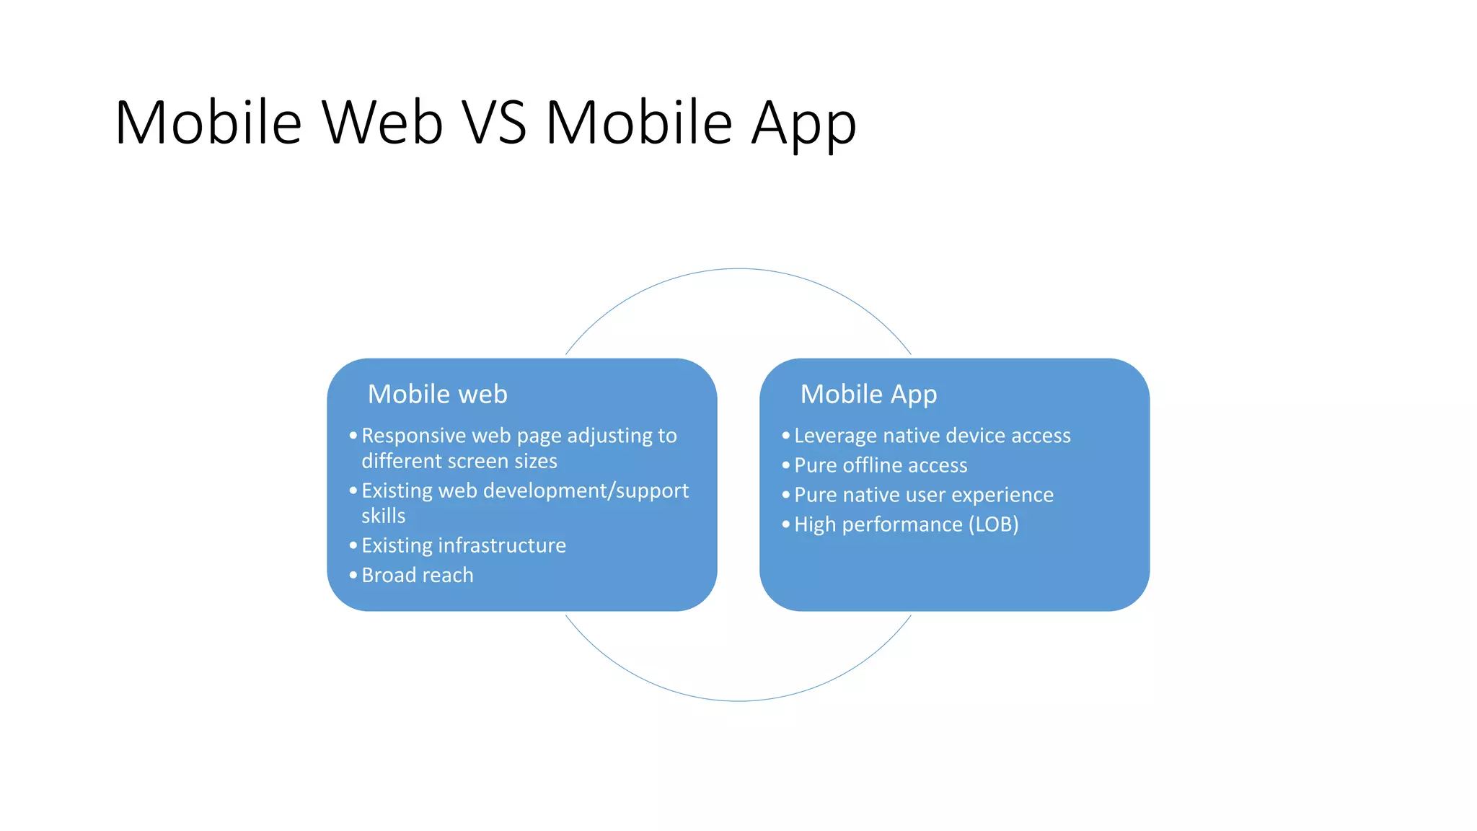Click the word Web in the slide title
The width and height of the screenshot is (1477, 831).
(x=382, y=123)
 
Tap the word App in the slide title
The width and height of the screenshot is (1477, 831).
(x=803, y=124)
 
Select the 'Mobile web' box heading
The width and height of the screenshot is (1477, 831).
(x=437, y=394)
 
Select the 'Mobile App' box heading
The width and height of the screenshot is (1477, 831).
(x=868, y=395)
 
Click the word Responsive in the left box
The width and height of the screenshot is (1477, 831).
(x=413, y=436)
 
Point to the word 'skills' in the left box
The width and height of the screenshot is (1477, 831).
(x=383, y=516)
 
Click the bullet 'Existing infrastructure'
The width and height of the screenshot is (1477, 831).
(x=463, y=545)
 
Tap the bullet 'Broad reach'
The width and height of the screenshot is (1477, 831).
(x=417, y=575)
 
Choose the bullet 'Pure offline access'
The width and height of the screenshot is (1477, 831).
(x=880, y=465)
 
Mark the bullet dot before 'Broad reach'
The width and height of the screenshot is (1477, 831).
(x=353, y=575)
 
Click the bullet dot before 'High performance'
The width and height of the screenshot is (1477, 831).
(x=785, y=524)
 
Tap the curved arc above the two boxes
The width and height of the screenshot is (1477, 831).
(x=738, y=269)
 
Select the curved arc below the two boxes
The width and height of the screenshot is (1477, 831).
(x=738, y=700)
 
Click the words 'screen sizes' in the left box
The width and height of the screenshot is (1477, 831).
(x=515, y=461)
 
